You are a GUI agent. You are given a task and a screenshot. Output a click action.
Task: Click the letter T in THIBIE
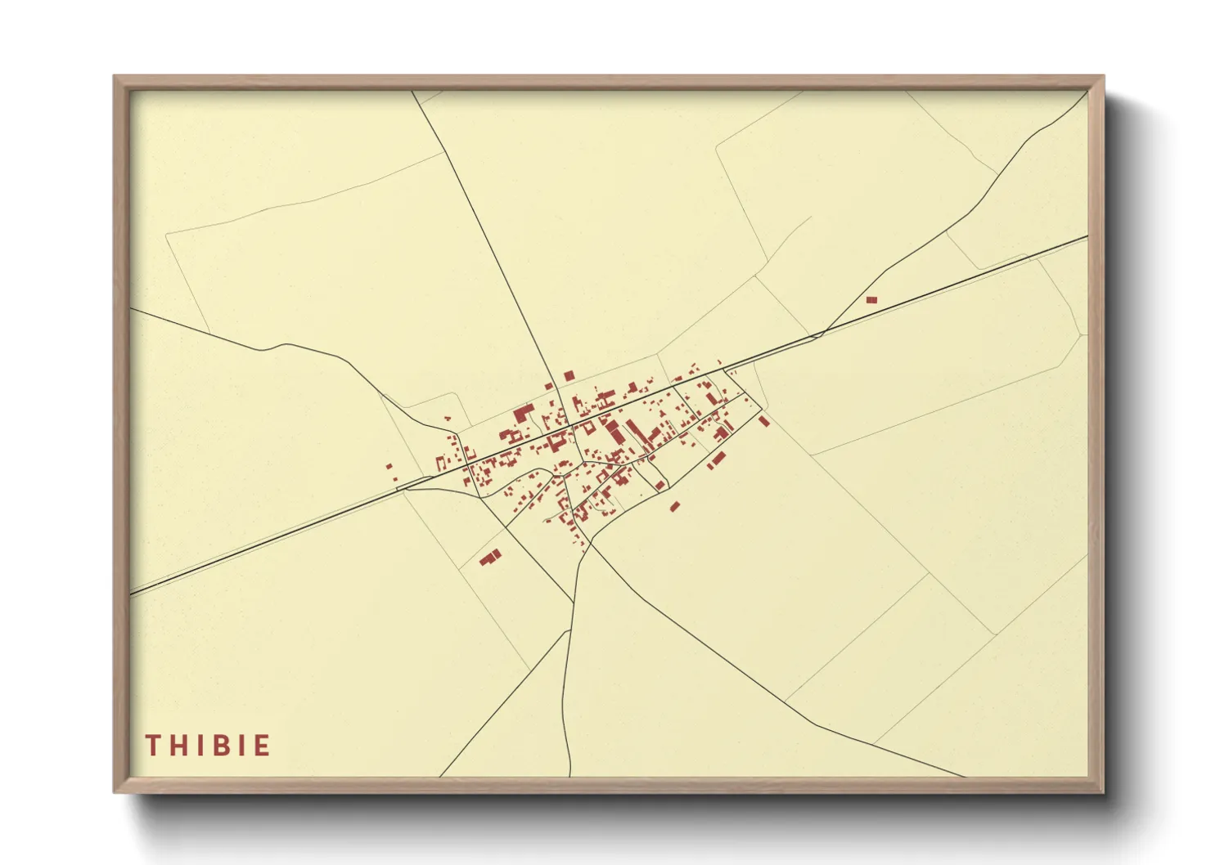[153, 746]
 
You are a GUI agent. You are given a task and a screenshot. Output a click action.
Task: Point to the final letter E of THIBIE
[262, 746]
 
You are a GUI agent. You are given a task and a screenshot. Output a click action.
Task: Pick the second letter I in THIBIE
[240, 746]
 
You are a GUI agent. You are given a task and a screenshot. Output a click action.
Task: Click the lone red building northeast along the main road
[871, 300]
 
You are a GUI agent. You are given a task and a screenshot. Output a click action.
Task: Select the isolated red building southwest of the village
[490, 558]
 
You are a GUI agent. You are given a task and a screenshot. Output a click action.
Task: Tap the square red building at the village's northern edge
[569, 375]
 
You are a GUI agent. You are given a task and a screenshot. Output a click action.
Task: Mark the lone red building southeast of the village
[674, 506]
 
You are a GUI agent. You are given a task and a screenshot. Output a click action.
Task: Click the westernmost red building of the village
[389, 467]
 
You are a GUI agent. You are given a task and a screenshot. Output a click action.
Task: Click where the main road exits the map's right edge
[1087, 236]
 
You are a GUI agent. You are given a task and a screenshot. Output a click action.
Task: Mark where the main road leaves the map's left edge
[131, 594]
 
